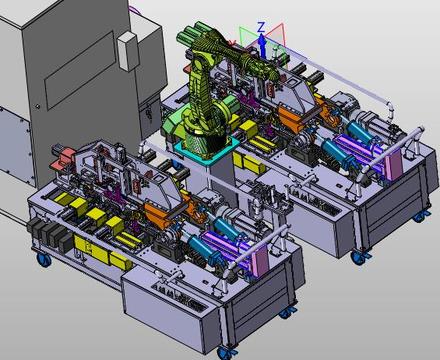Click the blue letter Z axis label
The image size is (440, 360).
click(x=262, y=27)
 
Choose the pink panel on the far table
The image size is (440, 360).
click(x=394, y=163)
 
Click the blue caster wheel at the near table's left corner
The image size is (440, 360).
click(x=44, y=260)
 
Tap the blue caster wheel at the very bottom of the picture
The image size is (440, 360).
click(x=225, y=353)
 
